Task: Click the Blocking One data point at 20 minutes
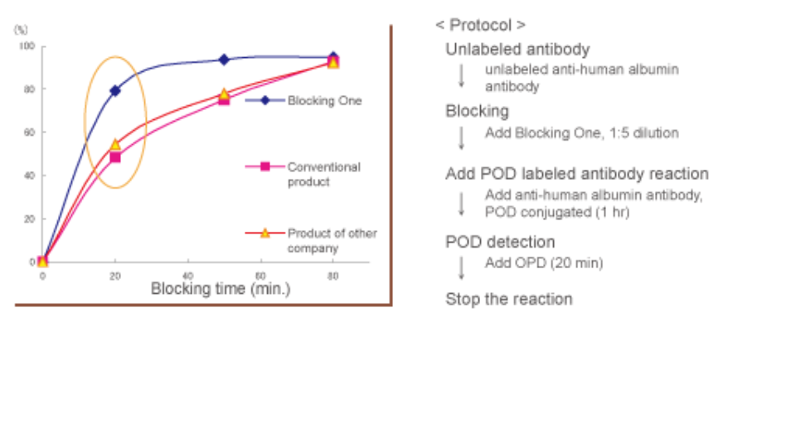pyautogui.click(x=115, y=90)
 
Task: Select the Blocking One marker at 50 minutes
pyautogui.click(x=224, y=60)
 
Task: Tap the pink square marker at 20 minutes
pyautogui.click(x=115, y=157)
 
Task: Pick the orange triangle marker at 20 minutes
pyautogui.click(x=115, y=144)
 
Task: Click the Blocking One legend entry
pyautogui.click(x=324, y=101)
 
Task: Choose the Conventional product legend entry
pyautogui.click(x=323, y=174)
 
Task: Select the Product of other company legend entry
pyautogui.click(x=332, y=240)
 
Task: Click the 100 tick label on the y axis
pyautogui.click(x=27, y=46)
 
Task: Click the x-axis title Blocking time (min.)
pyautogui.click(x=221, y=289)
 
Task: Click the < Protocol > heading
pyautogui.click(x=480, y=26)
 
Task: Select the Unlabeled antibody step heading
pyautogui.click(x=517, y=50)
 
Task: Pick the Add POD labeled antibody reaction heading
pyautogui.click(x=577, y=174)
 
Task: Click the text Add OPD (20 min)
pyautogui.click(x=544, y=263)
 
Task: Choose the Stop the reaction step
pyautogui.click(x=508, y=299)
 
